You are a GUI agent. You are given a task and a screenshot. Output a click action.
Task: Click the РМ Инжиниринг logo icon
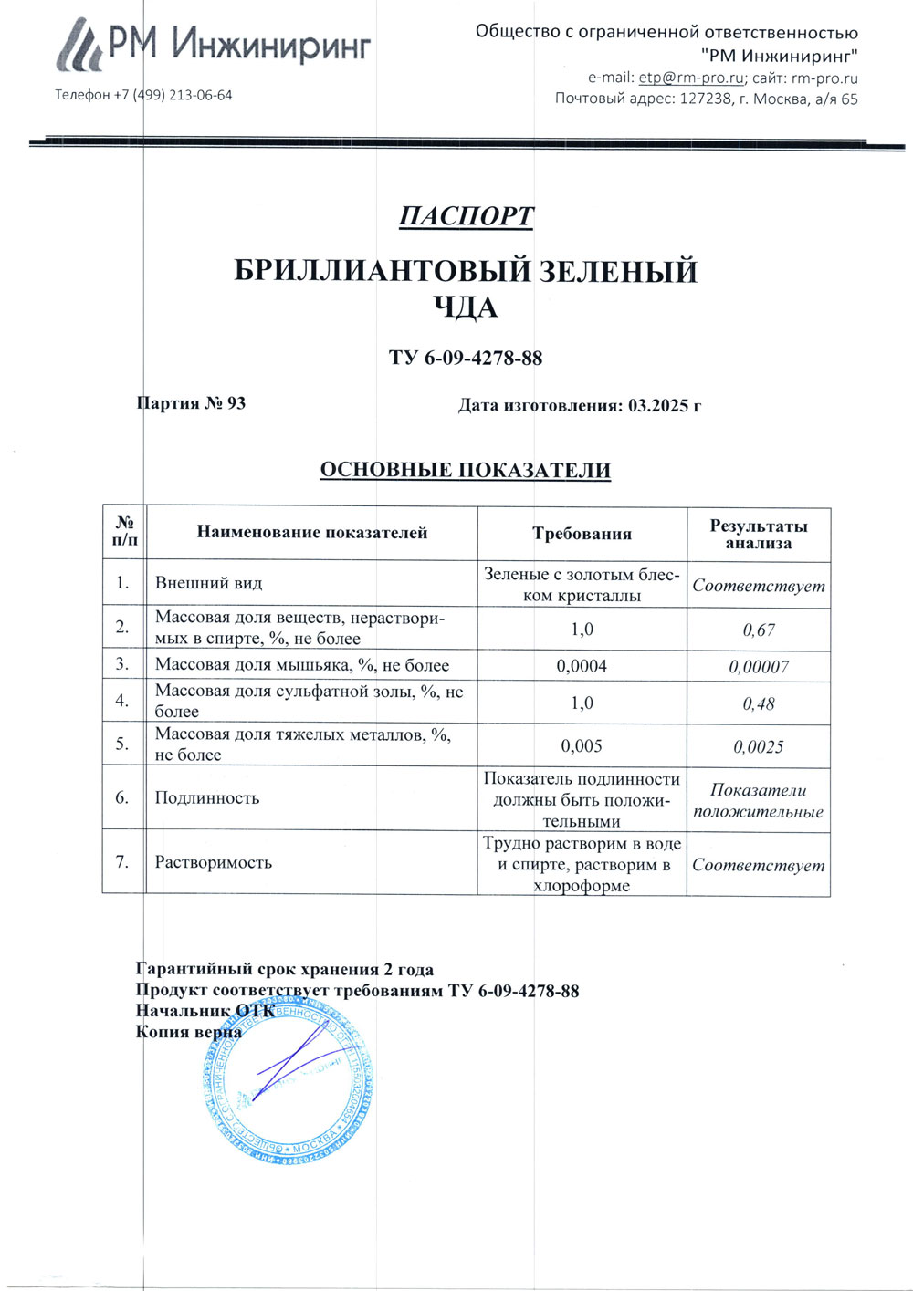[80, 47]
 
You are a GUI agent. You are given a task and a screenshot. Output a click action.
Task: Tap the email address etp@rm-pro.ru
[691, 78]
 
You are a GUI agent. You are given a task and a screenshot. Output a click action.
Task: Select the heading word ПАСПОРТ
[466, 216]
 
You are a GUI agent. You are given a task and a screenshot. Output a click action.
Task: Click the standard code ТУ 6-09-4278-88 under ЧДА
[466, 358]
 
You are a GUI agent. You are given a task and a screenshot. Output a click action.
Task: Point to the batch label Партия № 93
[191, 403]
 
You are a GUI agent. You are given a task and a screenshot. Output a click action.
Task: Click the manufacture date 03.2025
[660, 405]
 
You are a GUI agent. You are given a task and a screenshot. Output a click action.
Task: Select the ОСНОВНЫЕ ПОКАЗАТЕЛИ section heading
[465, 471]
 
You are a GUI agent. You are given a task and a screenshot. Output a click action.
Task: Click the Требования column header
[582, 535]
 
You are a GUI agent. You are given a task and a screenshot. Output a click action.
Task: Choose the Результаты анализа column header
[759, 535]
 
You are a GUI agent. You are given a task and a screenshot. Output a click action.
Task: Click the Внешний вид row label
[208, 583]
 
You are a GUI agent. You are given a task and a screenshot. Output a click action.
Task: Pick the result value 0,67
[759, 630]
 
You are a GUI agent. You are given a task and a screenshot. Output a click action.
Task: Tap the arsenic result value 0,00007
[759, 667]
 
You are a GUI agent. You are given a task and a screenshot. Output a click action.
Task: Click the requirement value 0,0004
[582, 666]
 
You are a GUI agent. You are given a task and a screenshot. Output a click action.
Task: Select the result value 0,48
[759, 704]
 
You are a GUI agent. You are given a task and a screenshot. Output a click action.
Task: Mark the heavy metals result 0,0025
[759, 747]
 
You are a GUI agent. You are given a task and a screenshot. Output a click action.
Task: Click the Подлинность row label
[207, 798]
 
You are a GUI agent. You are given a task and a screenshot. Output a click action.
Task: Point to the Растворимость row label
[214, 862]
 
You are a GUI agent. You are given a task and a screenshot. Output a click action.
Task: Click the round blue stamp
[288, 1081]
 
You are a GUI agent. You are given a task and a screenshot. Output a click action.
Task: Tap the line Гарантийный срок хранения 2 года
[285, 970]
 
